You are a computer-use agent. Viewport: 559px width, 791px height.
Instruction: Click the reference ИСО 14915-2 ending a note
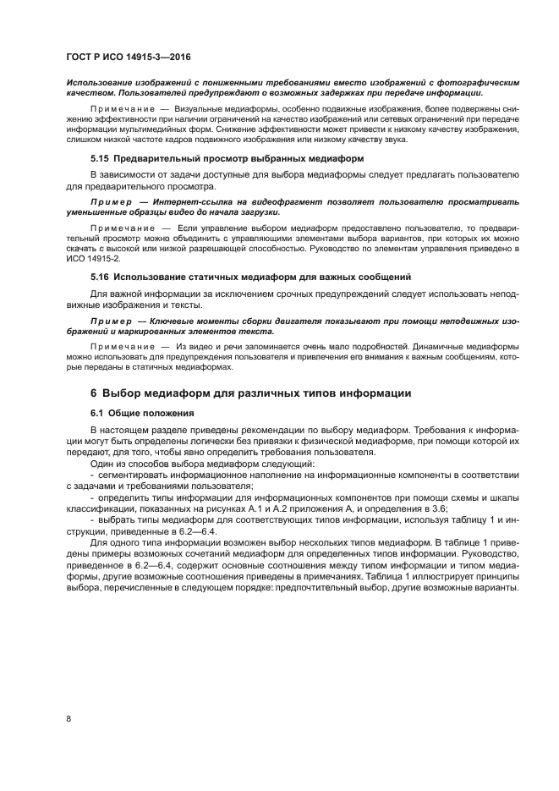pos(95,258)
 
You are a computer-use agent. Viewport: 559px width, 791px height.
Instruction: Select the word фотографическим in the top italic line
pos(475,83)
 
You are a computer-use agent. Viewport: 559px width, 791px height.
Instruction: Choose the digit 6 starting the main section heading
pos(94,392)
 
